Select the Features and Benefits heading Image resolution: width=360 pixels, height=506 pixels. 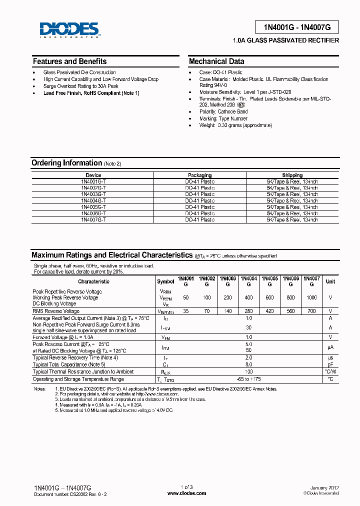pyautogui.click(x=69, y=61)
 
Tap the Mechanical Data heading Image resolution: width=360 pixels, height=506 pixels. pyautogui.click(x=216, y=61)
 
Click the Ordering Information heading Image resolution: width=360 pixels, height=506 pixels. pyautogui.click(x=66, y=163)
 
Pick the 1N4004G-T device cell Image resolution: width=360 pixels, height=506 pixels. pyautogui.click(x=93, y=200)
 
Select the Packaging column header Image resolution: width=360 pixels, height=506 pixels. pyautogui.click(x=199, y=175)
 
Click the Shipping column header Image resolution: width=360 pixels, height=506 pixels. pyautogui.click(x=292, y=175)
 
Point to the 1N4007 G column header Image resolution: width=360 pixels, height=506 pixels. pyautogui.click(x=311, y=281)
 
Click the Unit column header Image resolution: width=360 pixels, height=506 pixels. pyautogui.click(x=330, y=281)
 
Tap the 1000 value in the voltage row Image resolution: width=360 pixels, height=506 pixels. pyautogui.click(x=311, y=297)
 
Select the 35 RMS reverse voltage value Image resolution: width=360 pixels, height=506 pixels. pyautogui.click(x=186, y=311)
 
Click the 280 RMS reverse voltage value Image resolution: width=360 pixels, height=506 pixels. pyautogui.click(x=248, y=311)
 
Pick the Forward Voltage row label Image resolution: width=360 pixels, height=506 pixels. pyautogui.click(x=63, y=337)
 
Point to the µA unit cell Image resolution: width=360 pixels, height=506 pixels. pyautogui.click(x=330, y=347)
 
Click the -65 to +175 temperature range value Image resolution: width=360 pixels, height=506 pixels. pyautogui.click(x=248, y=379)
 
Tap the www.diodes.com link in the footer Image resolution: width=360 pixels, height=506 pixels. pyautogui.click(x=186, y=493)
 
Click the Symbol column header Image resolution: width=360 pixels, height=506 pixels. pyautogui.click(x=165, y=281)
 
